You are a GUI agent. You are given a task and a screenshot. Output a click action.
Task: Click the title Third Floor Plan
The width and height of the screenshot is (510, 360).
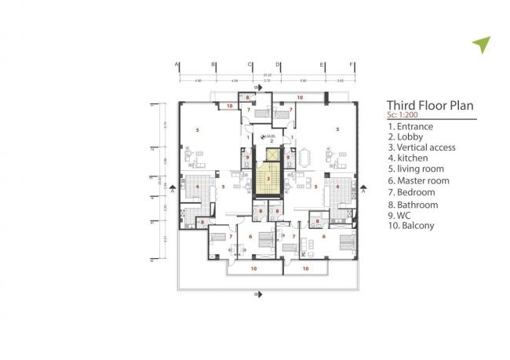click(431, 107)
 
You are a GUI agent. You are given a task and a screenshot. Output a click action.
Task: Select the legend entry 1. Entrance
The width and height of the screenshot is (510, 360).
click(410, 126)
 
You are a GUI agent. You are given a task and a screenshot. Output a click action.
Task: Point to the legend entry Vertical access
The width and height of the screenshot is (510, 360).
click(421, 147)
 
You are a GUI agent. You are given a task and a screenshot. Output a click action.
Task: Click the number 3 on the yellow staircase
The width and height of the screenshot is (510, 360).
click(269, 179)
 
